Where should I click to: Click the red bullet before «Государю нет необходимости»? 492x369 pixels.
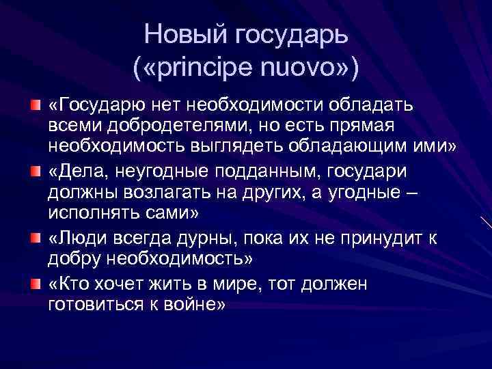tap(35, 105)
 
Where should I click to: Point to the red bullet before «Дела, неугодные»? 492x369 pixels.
tap(35, 169)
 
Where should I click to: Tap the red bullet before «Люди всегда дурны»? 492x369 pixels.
tap(35, 236)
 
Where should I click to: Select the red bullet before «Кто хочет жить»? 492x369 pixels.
tap(35, 283)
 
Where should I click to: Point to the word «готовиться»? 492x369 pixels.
tap(92, 304)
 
